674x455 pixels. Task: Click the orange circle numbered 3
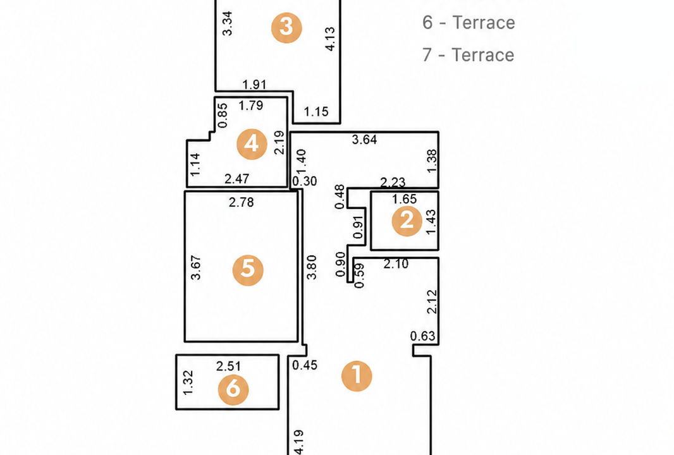point(286,28)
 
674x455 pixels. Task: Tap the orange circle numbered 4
point(252,144)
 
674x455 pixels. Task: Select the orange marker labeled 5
point(248,270)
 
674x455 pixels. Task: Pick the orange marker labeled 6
point(233,390)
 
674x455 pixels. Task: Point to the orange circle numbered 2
point(407,221)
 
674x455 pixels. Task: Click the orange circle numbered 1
point(357,376)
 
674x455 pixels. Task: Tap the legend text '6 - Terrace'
point(469,23)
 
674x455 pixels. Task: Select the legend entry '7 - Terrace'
point(468,55)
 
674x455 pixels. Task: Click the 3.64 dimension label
point(365,140)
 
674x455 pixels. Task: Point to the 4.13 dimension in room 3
point(330,39)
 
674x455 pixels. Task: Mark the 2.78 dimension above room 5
point(241,202)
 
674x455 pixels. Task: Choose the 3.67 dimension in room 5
point(195,268)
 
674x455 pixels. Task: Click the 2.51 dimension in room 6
point(228,366)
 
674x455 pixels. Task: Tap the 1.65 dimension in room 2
point(405,199)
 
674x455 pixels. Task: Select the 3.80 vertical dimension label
point(312,267)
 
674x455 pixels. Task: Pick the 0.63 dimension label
point(422,336)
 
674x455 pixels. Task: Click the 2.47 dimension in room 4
point(237,178)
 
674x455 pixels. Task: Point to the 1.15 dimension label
point(316,112)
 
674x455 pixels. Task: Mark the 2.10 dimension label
point(396,264)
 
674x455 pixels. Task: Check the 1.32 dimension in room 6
point(188,382)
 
